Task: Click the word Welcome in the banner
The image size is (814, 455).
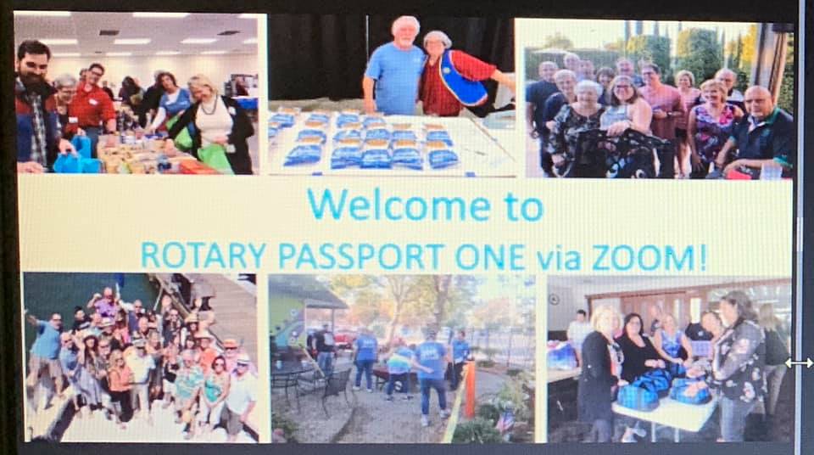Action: click(399, 205)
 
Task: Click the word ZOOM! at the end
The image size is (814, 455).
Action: click(649, 258)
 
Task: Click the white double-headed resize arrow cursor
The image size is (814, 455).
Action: click(799, 363)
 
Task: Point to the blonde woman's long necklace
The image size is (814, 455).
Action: click(209, 108)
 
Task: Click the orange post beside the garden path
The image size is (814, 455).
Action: click(470, 390)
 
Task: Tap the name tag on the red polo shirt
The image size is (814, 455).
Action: click(92, 102)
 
